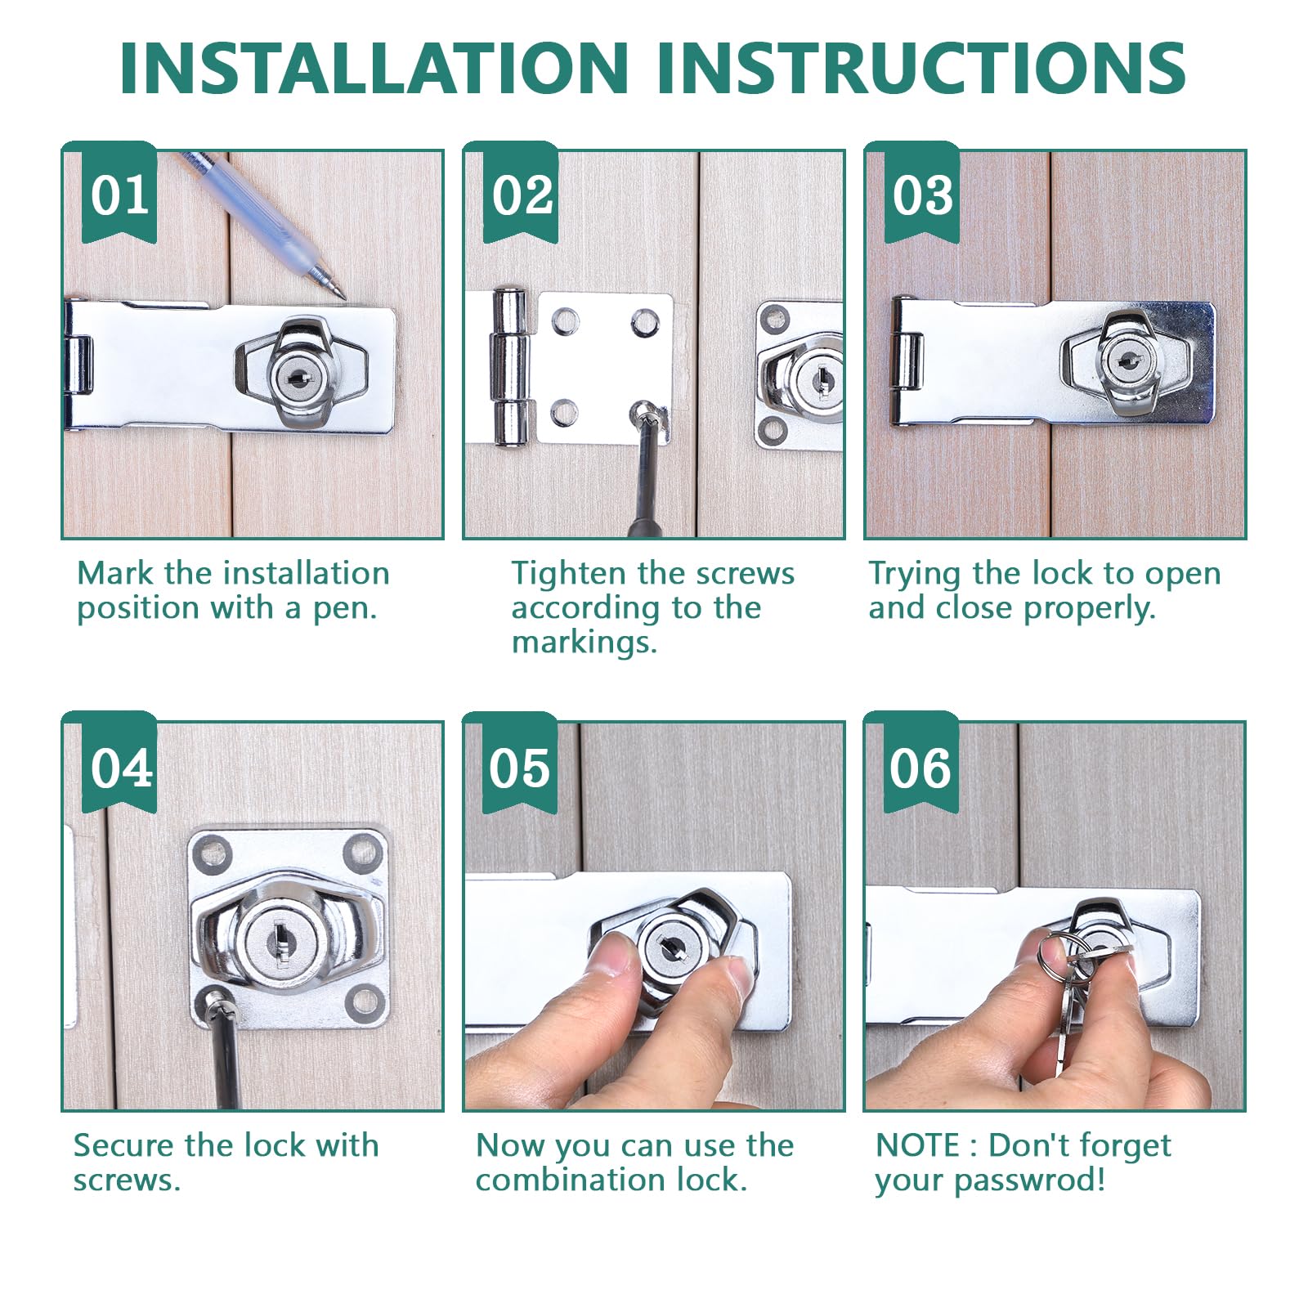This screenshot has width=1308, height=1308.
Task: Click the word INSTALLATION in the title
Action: pyautogui.click(x=374, y=67)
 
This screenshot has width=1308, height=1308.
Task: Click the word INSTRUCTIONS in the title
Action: pyautogui.click(x=921, y=67)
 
